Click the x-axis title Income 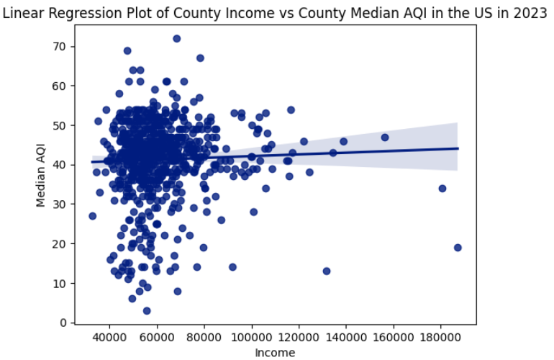[275, 352]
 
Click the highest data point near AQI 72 [176, 38]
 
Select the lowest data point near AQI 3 [147, 311]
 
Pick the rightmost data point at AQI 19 [458, 248]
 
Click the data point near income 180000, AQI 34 [442, 189]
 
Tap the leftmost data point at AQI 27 [92, 216]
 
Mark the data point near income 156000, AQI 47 [385, 137]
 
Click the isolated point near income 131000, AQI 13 [326, 271]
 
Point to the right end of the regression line [458, 148]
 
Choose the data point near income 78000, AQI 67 [200, 58]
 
